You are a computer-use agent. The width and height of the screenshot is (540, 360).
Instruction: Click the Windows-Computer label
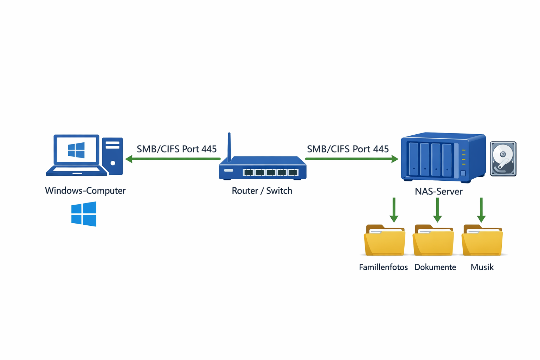[85, 191]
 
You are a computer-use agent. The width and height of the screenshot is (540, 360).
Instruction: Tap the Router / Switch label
[262, 191]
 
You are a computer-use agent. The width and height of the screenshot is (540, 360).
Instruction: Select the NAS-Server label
[438, 191]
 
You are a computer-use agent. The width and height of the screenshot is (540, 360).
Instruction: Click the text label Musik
[482, 267]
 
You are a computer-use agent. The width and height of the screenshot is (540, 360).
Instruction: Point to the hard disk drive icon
[503, 159]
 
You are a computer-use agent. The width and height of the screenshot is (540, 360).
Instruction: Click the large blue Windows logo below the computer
[84, 214]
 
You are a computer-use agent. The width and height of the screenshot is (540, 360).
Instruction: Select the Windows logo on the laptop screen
[76, 150]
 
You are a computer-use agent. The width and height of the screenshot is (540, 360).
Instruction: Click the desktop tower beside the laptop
[112, 156]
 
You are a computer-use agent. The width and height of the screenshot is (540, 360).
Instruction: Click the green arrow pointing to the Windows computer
[172, 159]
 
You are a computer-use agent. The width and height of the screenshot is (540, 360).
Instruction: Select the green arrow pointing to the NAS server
[352, 159]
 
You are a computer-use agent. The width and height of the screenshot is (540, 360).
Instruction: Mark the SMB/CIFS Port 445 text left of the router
[176, 149]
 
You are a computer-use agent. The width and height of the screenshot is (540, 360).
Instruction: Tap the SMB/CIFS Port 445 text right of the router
[348, 149]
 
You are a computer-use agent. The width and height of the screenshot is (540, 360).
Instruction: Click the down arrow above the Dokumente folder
[437, 210]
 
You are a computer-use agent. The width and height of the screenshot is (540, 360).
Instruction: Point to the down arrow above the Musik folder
[481, 210]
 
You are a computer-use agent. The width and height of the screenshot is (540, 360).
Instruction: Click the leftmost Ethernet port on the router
[248, 172]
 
